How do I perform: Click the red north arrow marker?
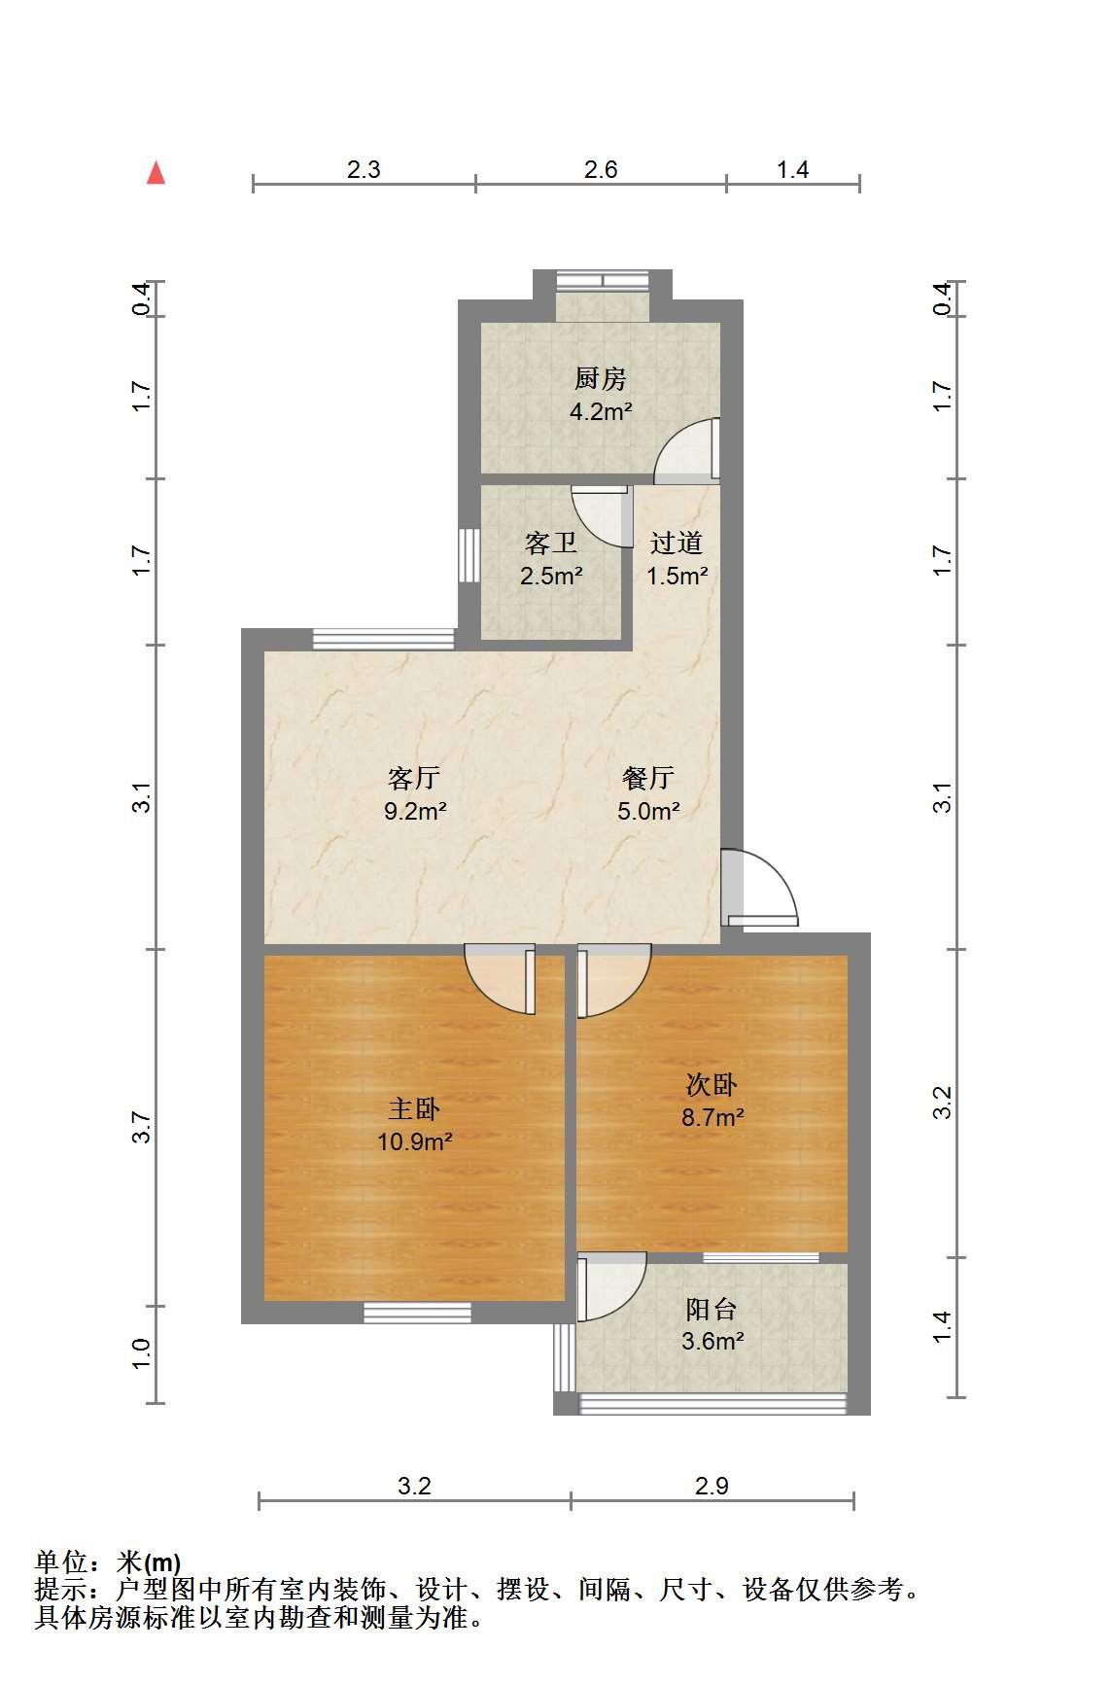pos(156,173)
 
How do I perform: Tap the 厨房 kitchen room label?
pos(600,378)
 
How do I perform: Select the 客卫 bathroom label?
pos(550,543)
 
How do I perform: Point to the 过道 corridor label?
pos(676,543)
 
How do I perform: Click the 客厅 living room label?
pos(414,778)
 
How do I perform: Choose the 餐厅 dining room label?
pos(647,778)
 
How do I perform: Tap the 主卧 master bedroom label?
pos(414,1109)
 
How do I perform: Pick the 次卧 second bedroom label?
pos(712,1085)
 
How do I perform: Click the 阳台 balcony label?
pos(712,1309)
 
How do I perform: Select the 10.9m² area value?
pos(415,1141)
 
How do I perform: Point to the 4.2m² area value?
pos(601,411)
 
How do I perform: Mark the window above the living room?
pos(384,640)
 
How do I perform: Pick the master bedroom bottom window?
pos(417,1314)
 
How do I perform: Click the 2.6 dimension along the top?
pos(601,169)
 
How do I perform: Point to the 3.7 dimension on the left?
pos(143,1128)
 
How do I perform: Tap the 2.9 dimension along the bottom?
pos(712,1486)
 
